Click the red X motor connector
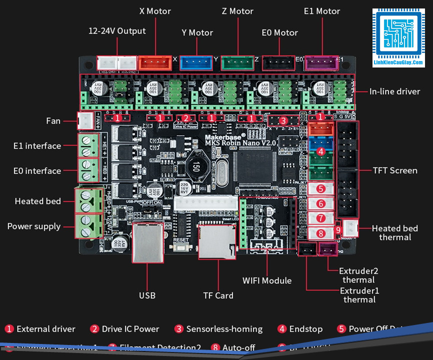click(x=154, y=62)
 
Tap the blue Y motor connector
click(x=195, y=62)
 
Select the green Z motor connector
click(x=237, y=62)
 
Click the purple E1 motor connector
click(x=321, y=62)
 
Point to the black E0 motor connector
click(x=279, y=62)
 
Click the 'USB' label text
click(x=147, y=295)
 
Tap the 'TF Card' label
click(x=218, y=295)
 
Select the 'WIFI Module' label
click(x=267, y=280)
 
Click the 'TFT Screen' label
click(x=395, y=170)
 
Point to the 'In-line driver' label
click(x=394, y=91)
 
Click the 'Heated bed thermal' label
click(x=394, y=232)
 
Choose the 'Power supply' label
click(x=34, y=226)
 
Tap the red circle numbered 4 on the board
click(x=320, y=151)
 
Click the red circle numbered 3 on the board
click(x=283, y=120)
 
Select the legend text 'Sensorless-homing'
click(x=224, y=329)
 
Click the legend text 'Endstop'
click(x=305, y=329)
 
